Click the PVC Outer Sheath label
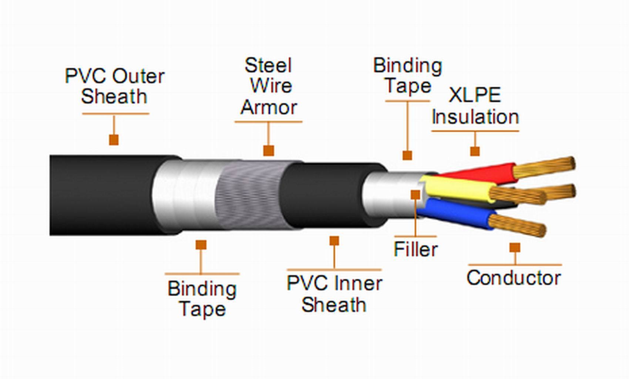pos(114,86)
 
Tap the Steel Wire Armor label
pos(269,86)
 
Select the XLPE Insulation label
pos(475,106)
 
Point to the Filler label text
pos(416,249)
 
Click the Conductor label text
pos(514,278)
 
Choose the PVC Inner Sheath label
pos(334,294)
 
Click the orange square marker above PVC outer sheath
pos(114,140)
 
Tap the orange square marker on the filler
pos(416,195)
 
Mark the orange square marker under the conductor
pos(515,248)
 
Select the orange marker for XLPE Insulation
pos(475,151)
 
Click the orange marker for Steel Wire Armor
pos(269,151)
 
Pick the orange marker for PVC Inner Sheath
pos(334,241)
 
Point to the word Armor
pos(269,108)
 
